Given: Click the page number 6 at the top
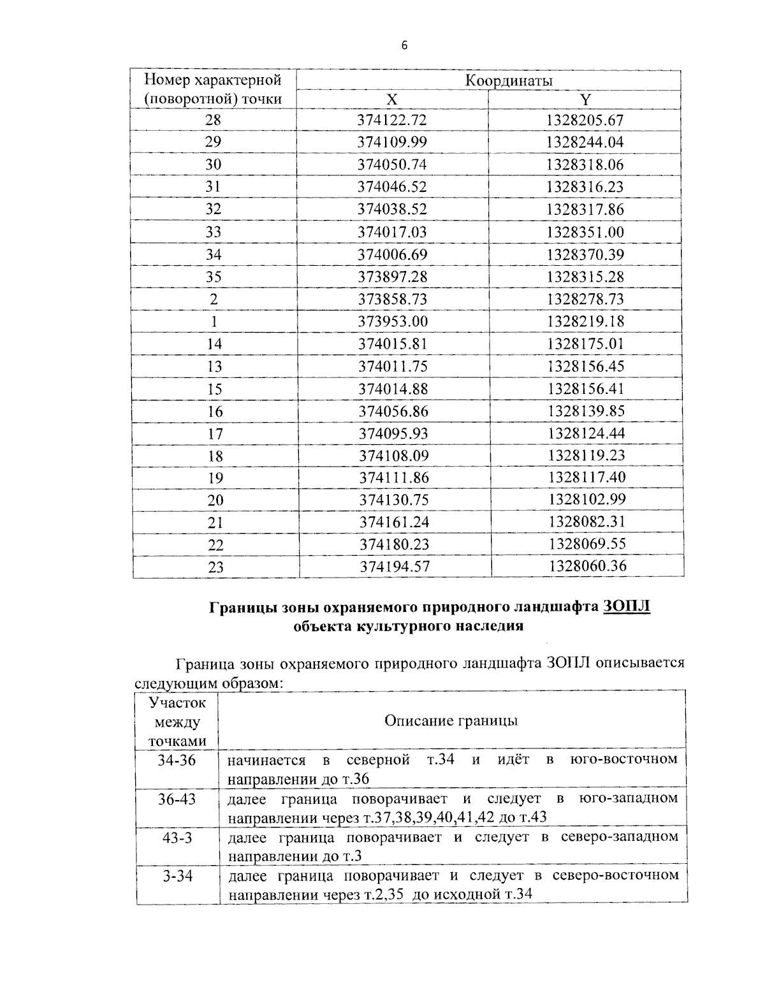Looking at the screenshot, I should [x=404, y=45].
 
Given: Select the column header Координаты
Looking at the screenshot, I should [x=508, y=81].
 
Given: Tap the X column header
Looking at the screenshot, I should [x=392, y=100].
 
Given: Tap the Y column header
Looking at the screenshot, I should [x=585, y=100].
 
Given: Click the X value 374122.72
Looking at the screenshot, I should [x=393, y=120].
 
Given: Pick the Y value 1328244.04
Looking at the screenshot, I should [x=585, y=142].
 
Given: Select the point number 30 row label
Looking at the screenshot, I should [x=213, y=164].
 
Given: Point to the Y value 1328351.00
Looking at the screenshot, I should [x=585, y=232].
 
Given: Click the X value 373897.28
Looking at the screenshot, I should [x=393, y=277].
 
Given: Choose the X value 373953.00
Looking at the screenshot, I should [x=393, y=321].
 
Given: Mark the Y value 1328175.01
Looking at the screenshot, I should [x=585, y=344].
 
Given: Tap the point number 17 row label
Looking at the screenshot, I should [x=215, y=433].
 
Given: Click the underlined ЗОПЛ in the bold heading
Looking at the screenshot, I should [x=626, y=606].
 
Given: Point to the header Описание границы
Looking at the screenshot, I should [x=451, y=720].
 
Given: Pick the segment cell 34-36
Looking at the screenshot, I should [x=177, y=761].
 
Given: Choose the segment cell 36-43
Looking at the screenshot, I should [x=177, y=799].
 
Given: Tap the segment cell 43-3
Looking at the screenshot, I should [x=177, y=837].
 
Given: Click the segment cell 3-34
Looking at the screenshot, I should [x=177, y=876].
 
